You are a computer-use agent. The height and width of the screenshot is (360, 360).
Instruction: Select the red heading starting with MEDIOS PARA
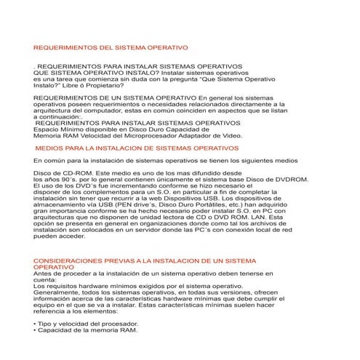[136, 147]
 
